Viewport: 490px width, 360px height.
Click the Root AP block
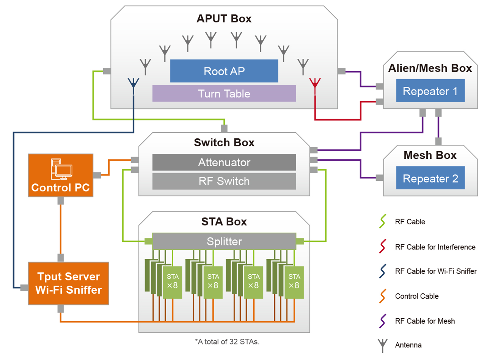(x=224, y=71)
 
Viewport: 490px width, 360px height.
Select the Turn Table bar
(x=224, y=94)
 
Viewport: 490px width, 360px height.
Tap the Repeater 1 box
(x=430, y=91)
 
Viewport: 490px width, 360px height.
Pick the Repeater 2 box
(x=430, y=178)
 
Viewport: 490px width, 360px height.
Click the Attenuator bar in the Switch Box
(x=224, y=162)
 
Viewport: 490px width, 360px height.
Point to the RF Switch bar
(x=224, y=181)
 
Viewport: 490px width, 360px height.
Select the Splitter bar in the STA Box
(x=224, y=241)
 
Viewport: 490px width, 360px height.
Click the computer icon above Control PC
(x=61, y=169)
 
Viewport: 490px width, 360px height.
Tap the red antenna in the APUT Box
(x=315, y=83)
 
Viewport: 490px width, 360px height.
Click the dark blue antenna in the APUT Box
(x=133, y=83)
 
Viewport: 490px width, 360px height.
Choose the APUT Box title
(x=224, y=19)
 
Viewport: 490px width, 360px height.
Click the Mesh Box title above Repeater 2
(x=430, y=155)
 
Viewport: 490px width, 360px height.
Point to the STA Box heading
(x=224, y=221)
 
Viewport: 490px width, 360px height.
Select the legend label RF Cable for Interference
(x=435, y=247)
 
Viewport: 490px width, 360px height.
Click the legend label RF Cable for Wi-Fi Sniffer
(x=436, y=271)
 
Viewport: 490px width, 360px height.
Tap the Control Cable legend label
(x=416, y=296)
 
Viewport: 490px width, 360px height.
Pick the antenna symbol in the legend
(x=383, y=345)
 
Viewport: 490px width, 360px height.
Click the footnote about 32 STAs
(x=227, y=341)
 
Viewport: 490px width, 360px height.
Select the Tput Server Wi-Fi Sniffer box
(x=69, y=283)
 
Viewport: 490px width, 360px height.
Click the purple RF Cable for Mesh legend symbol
(x=383, y=321)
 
